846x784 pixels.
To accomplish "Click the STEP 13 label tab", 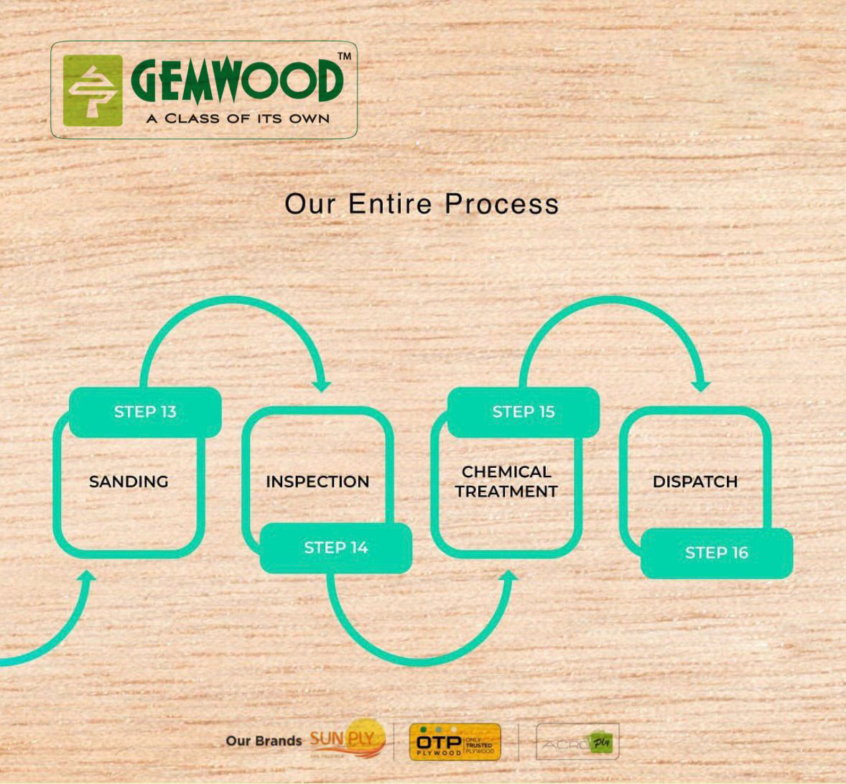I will (145, 412).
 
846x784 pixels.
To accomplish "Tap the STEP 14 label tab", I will (335, 548).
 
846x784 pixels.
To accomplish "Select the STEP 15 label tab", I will (524, 412).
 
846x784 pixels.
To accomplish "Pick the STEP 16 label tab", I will (716, 553).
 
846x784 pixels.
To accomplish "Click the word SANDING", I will (129, 481).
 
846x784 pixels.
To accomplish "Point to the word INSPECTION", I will (317, 481).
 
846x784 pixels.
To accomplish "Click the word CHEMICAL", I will (506, 472).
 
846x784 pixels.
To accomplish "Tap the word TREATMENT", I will (506, 492).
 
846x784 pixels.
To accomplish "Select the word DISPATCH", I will (695, 481).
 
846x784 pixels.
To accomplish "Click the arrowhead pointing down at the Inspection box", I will (322, 385).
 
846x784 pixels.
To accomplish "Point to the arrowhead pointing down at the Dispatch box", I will (702, 385).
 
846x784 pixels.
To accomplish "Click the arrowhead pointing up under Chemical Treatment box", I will (509, 576).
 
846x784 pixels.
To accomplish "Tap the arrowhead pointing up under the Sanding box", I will (88, 577).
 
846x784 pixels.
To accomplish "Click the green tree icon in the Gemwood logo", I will (93, 91).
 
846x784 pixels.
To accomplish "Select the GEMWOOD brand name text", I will (236, 81).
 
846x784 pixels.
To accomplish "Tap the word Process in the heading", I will (501, 204).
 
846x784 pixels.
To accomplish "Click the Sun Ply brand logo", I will (348, 741).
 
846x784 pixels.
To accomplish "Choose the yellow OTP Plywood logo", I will (455, 742).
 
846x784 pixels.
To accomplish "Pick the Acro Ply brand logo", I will (577, 742).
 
